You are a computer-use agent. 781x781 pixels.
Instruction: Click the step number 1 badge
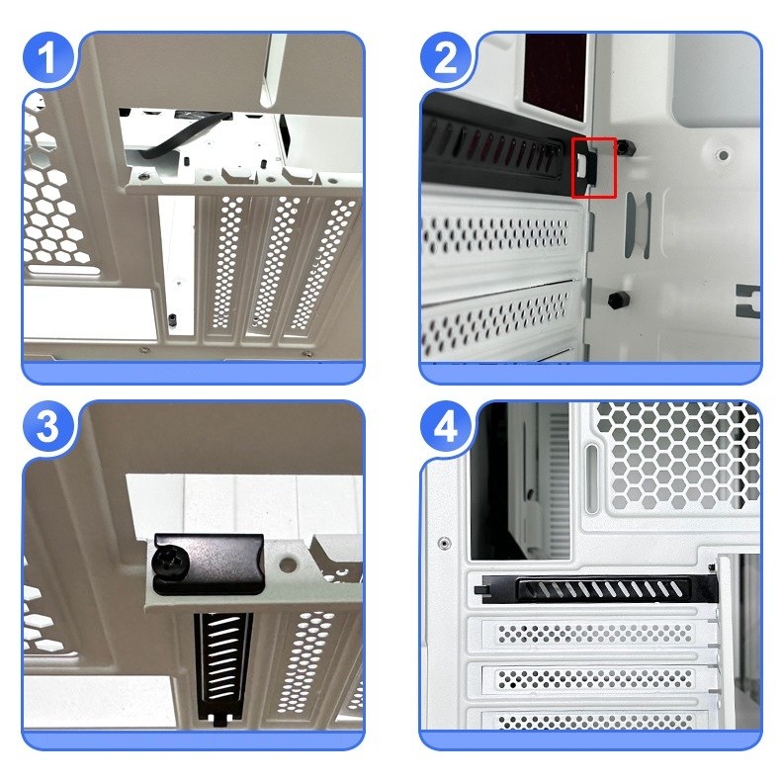(47, 57)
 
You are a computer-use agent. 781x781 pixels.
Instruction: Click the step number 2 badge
(445, 57)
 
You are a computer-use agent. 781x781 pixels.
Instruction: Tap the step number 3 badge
(47, 426)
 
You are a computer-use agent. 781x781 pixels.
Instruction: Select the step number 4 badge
(445, 426)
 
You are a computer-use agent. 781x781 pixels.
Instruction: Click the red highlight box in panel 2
(594, 167)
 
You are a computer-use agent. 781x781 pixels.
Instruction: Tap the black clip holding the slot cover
(209, 564)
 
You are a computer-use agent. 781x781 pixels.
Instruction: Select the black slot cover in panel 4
(598, 589)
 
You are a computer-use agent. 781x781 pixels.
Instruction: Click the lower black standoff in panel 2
(619, 300)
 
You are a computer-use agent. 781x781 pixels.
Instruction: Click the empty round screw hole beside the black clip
(288, 564)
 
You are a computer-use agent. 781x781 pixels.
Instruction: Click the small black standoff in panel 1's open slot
(173, 318)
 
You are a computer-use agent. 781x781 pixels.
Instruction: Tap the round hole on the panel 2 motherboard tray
(724, 156)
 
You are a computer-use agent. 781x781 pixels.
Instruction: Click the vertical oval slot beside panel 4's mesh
(592, 478)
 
